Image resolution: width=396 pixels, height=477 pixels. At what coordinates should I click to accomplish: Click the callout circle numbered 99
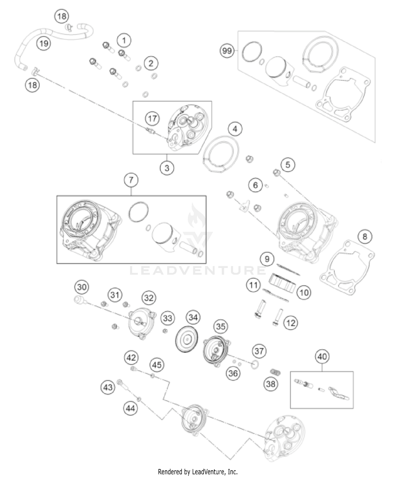(x=227, y=50)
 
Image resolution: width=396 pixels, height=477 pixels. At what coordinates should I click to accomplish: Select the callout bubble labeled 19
(x=44, y=43)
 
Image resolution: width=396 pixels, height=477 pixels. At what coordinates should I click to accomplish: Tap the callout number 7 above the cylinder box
(x=131, y=180)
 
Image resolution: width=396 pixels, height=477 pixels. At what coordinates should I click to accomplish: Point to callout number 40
(x=322, y=357)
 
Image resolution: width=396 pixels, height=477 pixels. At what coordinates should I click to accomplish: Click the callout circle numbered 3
(x=167, y=168)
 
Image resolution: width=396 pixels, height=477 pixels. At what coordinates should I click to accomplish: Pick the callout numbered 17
(x=152, y=119)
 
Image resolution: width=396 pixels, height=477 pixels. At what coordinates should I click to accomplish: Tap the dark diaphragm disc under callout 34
(x=187, y=339)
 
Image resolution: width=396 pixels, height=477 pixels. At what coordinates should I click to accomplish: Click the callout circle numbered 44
(x=130, y=409)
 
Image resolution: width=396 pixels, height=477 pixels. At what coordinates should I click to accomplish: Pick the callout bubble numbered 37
(x=259, y=351)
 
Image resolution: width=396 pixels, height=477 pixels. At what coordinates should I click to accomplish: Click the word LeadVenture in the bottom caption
(x=209, y=471)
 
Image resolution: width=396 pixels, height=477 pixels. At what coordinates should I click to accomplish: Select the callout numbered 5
(x=287, y=165)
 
